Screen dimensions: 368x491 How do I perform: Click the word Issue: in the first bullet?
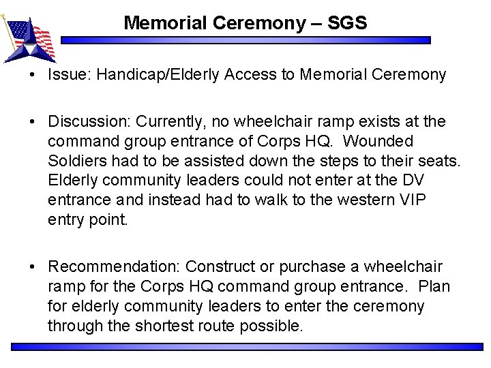[70, 75]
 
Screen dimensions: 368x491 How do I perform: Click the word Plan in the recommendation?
[434, 287]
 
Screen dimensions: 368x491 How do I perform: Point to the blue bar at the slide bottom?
[246, 347]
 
